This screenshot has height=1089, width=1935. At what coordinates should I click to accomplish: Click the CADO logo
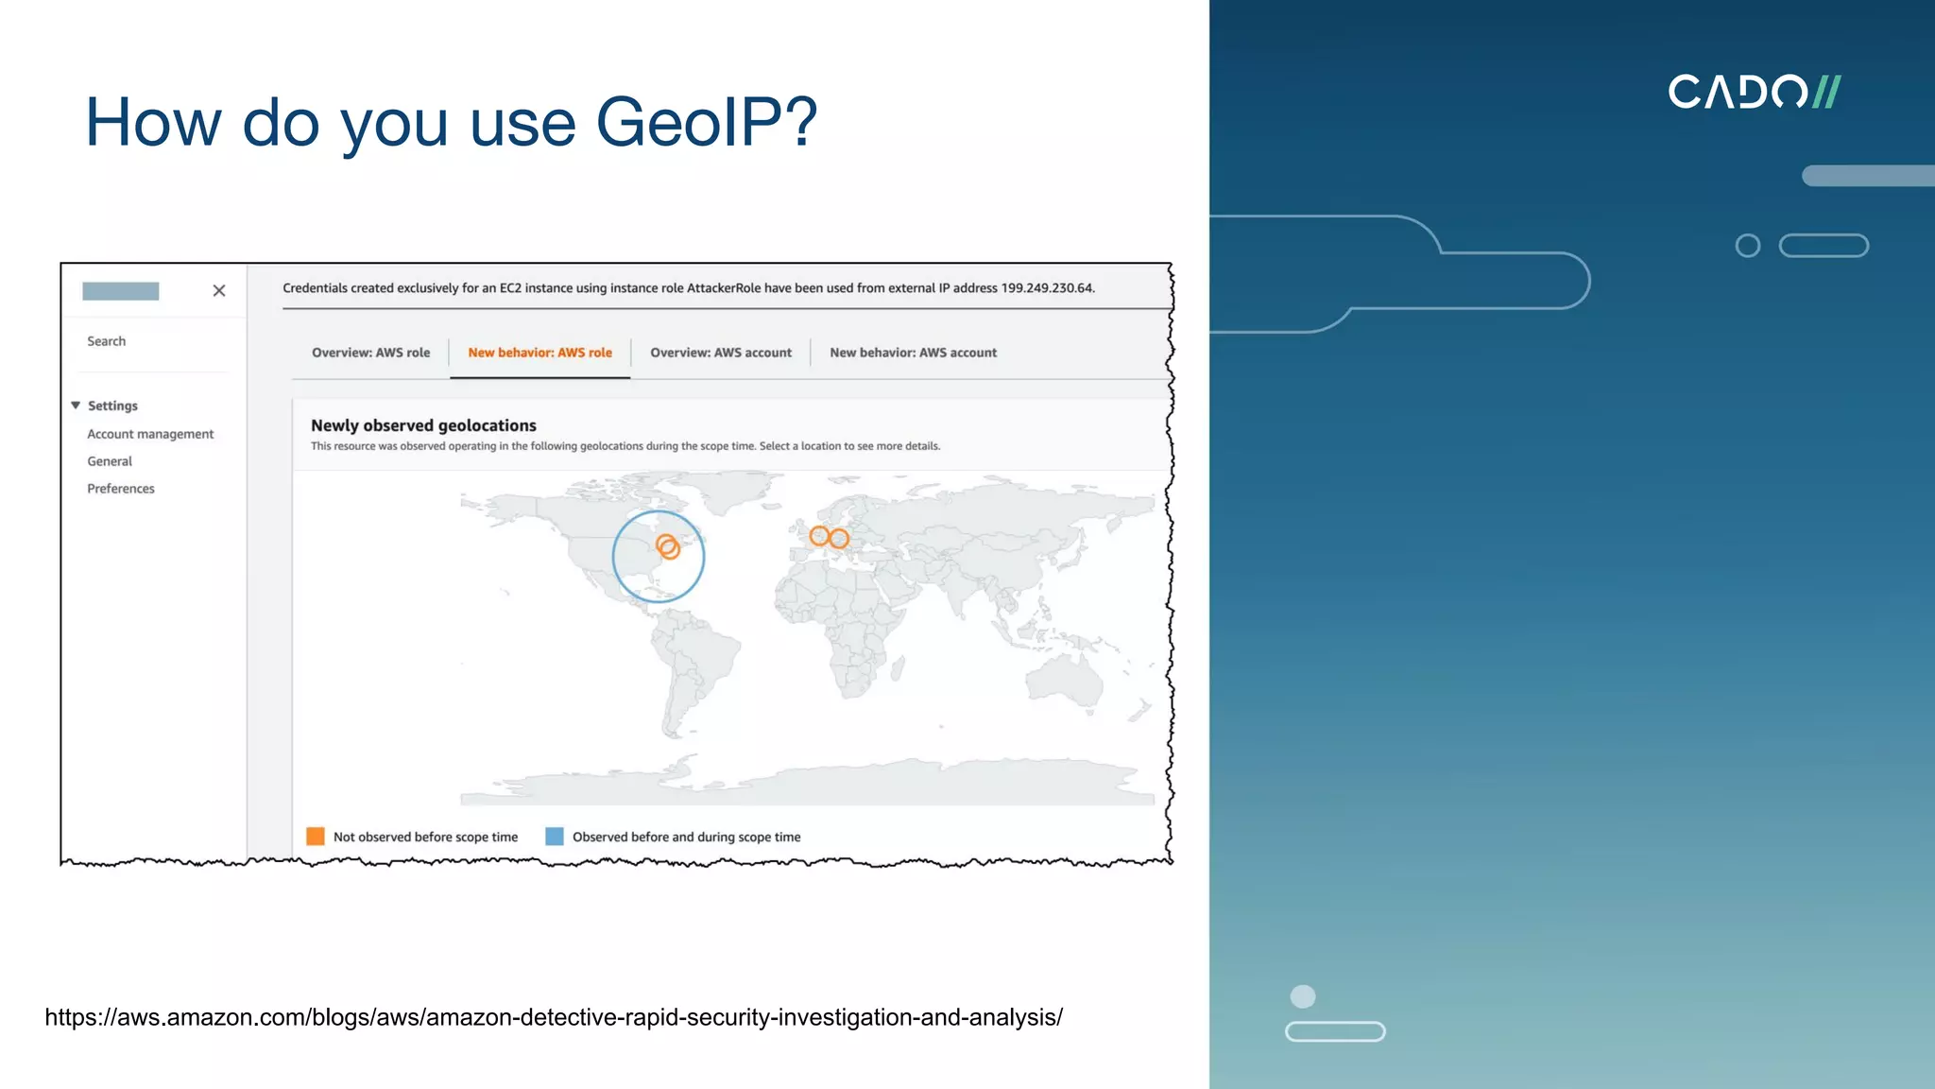[x=1754, y=93]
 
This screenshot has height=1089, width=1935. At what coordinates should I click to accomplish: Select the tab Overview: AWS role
[x=370, y=353]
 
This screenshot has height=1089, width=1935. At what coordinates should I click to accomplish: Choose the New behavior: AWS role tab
[x=539, y=353]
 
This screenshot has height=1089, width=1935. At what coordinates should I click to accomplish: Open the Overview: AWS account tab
[x=721, y=353]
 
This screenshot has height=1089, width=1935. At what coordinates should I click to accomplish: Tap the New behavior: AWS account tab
[x=913, y=353]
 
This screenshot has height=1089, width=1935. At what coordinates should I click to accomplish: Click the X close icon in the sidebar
[x=219, y=290]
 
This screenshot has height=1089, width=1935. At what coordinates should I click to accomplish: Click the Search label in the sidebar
[x=106, y=341]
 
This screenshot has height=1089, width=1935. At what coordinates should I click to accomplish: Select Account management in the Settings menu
[x=150, y=434]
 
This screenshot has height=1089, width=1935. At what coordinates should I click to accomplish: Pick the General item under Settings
[x=110, y=461]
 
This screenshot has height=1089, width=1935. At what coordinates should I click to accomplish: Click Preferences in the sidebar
[x=121, y=489]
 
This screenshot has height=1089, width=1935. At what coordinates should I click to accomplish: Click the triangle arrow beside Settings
[x=76, y=406]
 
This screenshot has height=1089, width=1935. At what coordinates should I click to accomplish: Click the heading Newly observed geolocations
[x=423, y=425]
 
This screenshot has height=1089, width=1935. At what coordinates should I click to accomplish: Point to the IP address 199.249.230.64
[x=1047, y=288]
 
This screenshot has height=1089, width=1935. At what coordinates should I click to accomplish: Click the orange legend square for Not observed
[x=316, y=837]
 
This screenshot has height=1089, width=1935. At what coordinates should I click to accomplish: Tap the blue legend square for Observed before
[x=555, y=837]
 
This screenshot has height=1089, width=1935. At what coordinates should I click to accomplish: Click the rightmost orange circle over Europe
[x=839, y=539]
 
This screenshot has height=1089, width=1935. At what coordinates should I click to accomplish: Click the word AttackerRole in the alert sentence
[x=723, y=288]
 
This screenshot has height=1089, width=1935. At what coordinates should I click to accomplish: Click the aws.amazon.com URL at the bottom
[x=554, y=1017]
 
